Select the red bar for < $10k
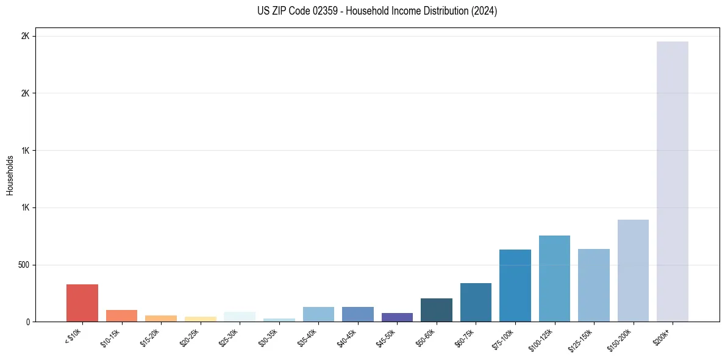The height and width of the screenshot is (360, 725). (x=82, y=303)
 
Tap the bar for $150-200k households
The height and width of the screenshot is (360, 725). (x=633, y=270)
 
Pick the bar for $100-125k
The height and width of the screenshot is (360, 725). (x=554, y=278)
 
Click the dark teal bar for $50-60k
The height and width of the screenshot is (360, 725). (x=437, y=310)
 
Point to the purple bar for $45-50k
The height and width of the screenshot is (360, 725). (x=397, y=317)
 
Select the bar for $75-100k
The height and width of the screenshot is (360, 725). (x=515, y=286)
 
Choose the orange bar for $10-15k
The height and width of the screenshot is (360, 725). (x=121, y=315)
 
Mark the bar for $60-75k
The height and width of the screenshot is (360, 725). (x=476, y=302)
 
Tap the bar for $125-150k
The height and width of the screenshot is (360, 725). (x=593, y=285)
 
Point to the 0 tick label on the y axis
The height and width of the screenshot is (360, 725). (x=27, y=322)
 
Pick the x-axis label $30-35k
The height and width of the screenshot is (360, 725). (x=268, y=337)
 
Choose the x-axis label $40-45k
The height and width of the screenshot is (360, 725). (x=347, y=337)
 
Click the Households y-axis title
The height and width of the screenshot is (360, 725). (x=10, y=175)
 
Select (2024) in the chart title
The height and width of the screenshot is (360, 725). (x=484, y=11)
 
